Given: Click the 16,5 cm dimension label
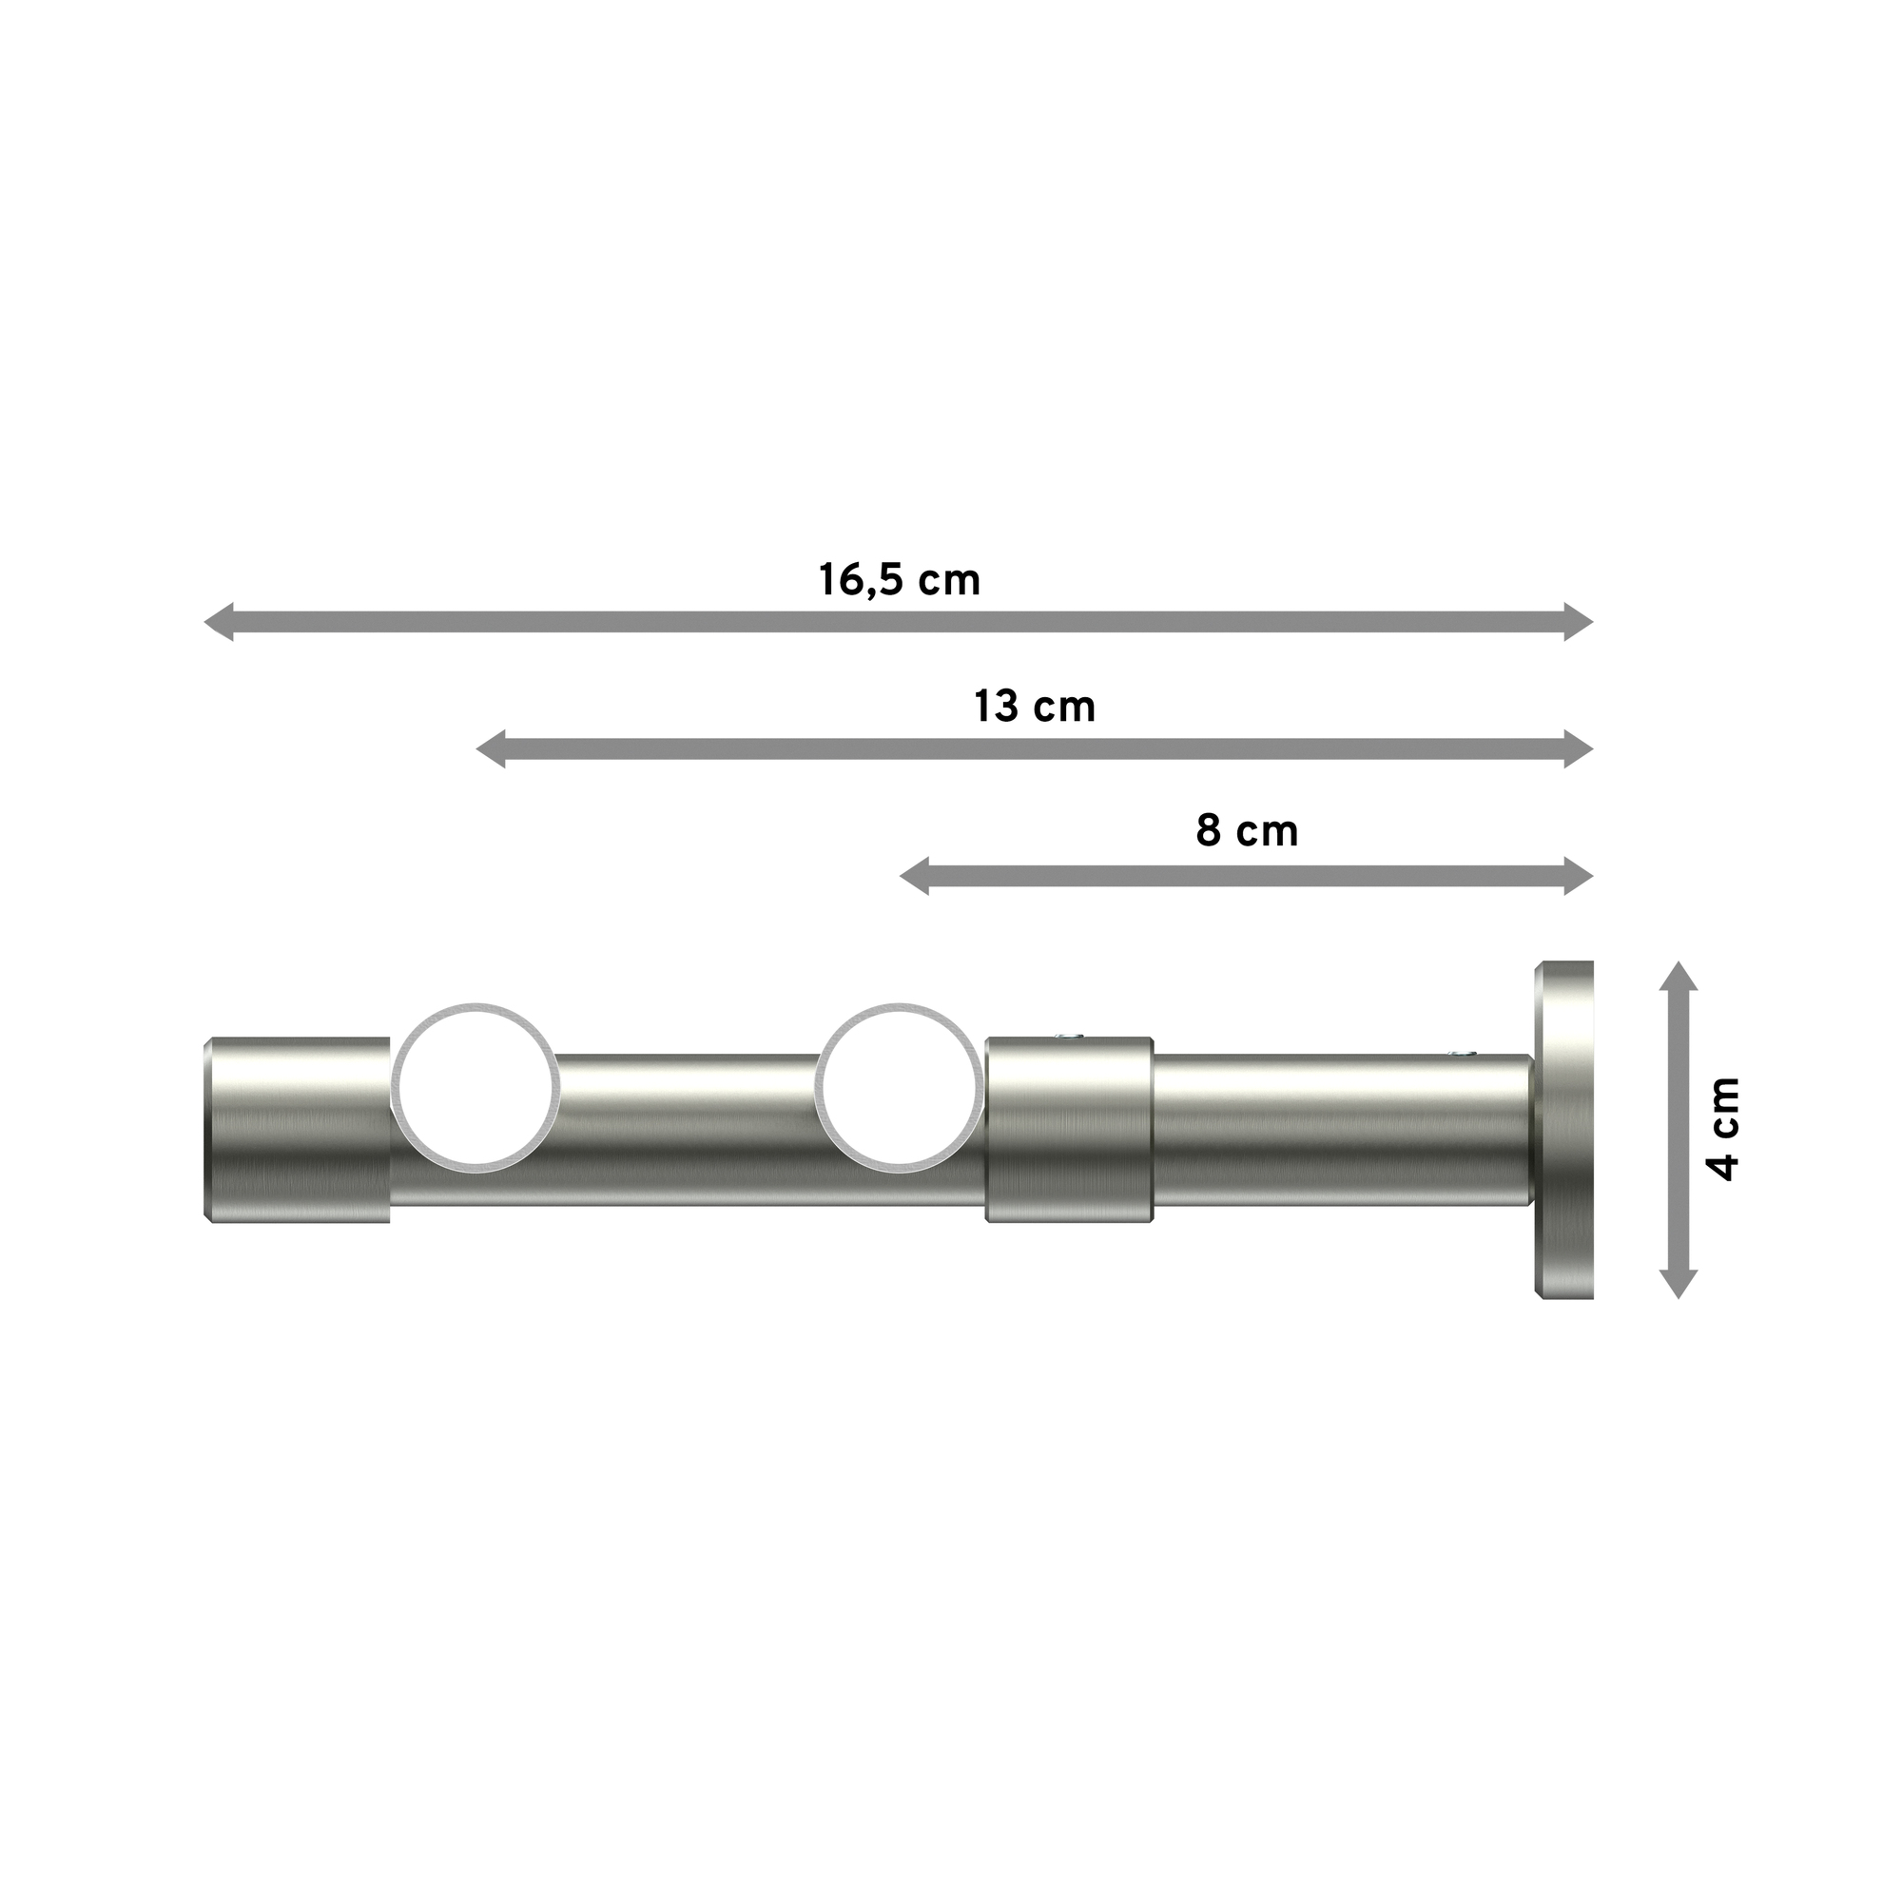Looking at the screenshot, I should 899,580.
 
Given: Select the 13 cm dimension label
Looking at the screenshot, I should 1034,707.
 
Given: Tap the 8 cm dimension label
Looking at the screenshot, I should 1247,832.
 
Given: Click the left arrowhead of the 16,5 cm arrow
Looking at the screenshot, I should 219,622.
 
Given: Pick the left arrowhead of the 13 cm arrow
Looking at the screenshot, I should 491,749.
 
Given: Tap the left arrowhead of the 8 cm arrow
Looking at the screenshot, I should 915,876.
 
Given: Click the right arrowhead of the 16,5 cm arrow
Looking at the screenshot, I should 1578,622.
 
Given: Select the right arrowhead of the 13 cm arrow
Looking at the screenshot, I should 1578,749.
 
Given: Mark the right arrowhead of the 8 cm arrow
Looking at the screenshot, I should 1578,876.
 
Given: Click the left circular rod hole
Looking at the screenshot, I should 475,1088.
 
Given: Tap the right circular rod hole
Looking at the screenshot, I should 899,1088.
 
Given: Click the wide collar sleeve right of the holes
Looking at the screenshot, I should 1069,1130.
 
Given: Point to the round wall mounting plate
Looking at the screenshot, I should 1563,1129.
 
